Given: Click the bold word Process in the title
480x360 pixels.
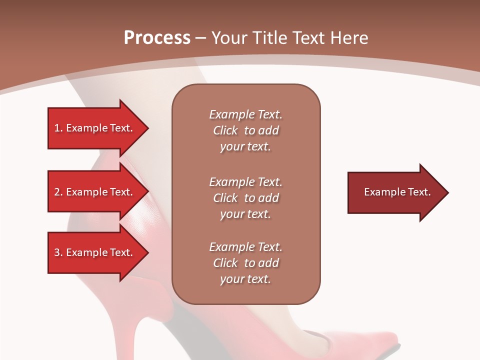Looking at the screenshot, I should point(157,37).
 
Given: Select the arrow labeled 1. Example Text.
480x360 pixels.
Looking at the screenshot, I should point(95,128).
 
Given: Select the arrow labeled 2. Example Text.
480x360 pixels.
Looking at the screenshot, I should point(95,192).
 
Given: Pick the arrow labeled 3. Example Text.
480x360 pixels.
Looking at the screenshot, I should point(95,252).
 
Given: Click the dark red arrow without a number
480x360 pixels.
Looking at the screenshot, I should point(395,192).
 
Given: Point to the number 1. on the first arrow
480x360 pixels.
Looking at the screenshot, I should point(58,128).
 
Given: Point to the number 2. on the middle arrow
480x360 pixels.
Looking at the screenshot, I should point(58,192).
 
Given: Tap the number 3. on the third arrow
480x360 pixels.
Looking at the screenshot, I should point(58,252).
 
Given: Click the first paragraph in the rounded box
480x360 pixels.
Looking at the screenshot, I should point(245,130).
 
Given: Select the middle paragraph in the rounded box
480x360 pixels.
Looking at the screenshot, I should point(245,198).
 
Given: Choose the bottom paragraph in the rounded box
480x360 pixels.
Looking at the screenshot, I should point(245,263).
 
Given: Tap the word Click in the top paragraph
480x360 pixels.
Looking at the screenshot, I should point(225,130).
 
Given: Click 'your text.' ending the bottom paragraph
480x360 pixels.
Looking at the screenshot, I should point(245,279).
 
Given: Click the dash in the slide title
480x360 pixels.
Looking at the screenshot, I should point(200,38).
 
